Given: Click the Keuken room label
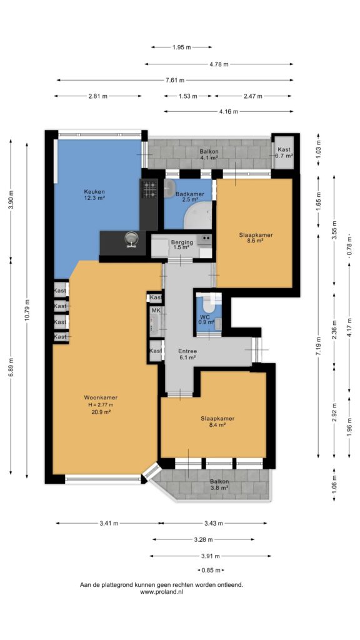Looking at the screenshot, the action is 94,191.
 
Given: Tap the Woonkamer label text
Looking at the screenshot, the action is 101,397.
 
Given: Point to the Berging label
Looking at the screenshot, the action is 182,242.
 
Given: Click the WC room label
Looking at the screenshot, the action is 205,316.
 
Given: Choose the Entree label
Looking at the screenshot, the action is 187,351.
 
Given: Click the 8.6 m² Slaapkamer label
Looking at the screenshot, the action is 256,235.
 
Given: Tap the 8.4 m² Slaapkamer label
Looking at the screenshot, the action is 217,418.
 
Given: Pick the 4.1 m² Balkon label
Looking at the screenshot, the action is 209,152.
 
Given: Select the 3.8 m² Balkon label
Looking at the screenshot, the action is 219,482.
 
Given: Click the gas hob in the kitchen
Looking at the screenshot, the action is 149,189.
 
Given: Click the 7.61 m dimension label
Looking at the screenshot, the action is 175,80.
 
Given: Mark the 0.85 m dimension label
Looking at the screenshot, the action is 211,570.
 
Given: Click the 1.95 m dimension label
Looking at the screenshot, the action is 182,47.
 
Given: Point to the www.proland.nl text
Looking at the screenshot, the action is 162,591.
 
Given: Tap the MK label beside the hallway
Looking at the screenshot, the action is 156,311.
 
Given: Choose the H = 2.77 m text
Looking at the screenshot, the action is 101,404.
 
